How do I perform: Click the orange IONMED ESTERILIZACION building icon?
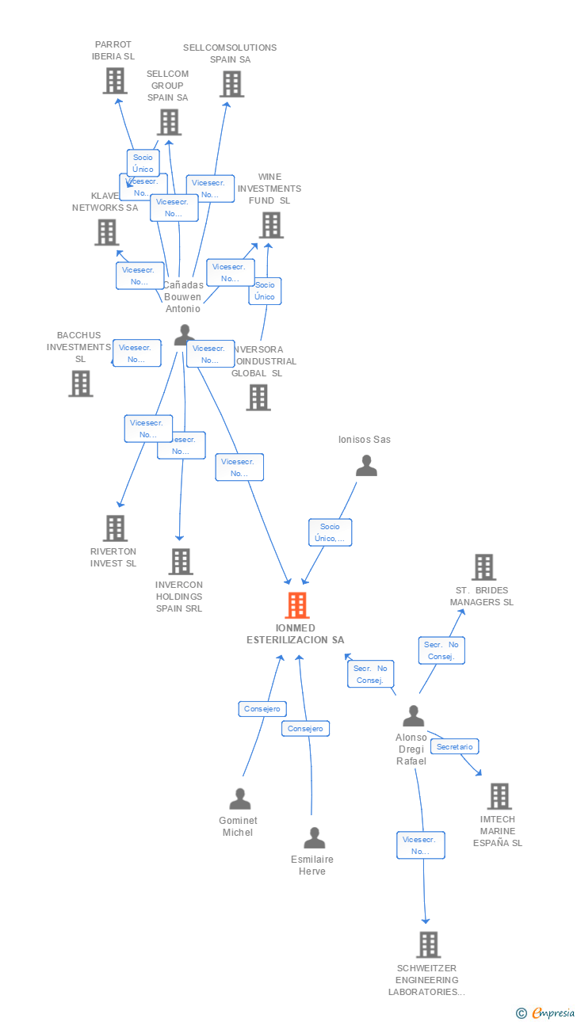[296, 605]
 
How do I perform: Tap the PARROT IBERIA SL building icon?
[115, 81]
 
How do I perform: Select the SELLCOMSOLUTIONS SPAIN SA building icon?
[231, 84]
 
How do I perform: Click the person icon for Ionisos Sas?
[366, 466]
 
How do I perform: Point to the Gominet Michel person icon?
[239, 799]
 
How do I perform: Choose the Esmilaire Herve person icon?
[315, 838]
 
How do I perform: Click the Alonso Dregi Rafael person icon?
[413, 716]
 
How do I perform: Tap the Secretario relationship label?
[455, 746]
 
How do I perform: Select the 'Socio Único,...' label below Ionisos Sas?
[330, 532]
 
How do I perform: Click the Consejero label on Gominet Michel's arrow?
[262, 709]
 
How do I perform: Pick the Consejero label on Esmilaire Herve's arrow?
[305, 728]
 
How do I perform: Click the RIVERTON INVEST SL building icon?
[115, 528]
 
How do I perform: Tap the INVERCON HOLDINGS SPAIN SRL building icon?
[181, 562]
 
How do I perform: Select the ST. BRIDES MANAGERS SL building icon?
[483, 567]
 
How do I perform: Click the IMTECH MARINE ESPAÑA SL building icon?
[499, 796]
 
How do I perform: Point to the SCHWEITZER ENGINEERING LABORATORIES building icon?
[428, 944]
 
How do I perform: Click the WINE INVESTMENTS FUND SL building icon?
[271, 225]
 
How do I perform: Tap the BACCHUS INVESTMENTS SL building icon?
[80, 383]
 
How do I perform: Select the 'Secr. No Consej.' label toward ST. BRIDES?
[440, 650]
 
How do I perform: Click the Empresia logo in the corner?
[547, 1012]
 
